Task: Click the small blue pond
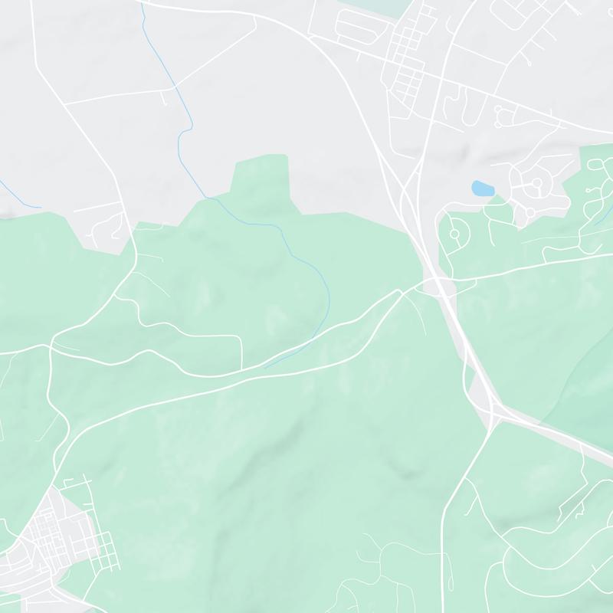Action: [x=482, y=188]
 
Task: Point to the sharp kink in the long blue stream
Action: [x=182, y=134]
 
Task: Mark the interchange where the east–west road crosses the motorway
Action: [x=439, y=285]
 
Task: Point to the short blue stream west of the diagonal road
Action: [x=19, y=195]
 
